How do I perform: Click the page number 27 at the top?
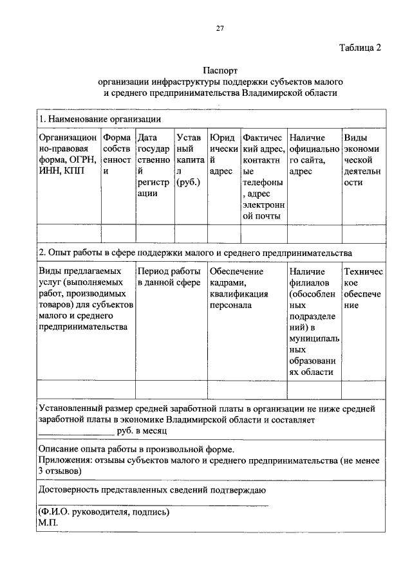(x=220, y=27)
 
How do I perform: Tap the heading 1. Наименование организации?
(x=100, y=119)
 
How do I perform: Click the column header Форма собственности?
(x=117, y=154)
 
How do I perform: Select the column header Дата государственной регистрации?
(x=154, y=165)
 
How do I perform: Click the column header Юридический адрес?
(x=222, y=154)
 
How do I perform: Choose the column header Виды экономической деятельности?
(x=364, y=159)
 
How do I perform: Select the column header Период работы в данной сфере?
(x=170, y=277)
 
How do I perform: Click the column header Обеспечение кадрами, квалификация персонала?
(x=238, y=288)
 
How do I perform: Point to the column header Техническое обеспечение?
(x=364, y=288)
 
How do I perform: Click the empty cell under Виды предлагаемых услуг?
(x=86, y=389)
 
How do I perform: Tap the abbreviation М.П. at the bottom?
(x=48, y=523)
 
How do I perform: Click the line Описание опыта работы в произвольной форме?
(x=136, y=449)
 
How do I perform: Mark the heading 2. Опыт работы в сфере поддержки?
(x=194, y=253)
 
